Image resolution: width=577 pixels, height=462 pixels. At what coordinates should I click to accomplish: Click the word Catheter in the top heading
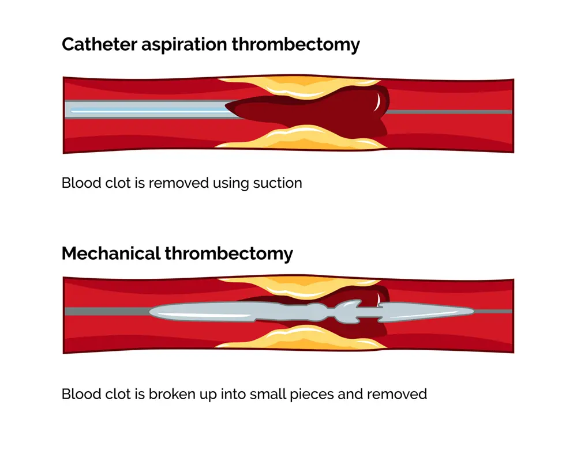tap(98, 44)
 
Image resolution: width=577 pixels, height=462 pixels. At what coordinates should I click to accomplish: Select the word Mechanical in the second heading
tap(110, 253)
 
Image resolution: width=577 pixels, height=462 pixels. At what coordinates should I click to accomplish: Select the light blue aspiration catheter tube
tap(144, 109)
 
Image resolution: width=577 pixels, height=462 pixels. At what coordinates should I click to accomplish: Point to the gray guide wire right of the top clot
tap(450, 111)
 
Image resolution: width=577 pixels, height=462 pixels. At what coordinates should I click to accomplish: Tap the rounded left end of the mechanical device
tap(153, 312)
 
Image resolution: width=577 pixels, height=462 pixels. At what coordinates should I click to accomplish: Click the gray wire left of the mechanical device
tap(104, 311)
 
